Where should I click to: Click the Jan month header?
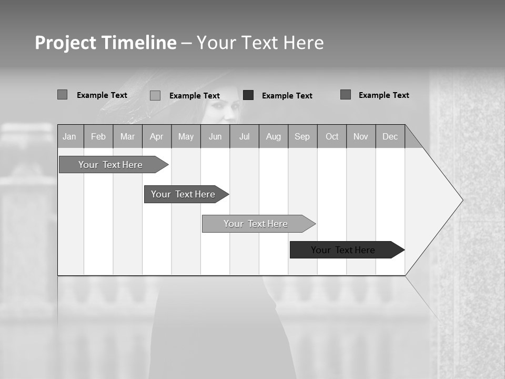click(69, 137)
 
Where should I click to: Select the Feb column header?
click(98, 137)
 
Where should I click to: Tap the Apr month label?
click(157, 137)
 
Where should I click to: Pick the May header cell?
click(186, 137)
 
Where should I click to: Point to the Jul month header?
click(245, 137)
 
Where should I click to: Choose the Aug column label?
click(274, 137)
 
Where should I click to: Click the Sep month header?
click(302, 137)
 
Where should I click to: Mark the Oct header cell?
click(332, 137)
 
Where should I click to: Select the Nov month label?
click(361, 137)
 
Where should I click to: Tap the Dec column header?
click(390, 137)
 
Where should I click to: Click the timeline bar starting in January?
click(110, 165)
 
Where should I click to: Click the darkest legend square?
click(248, 95)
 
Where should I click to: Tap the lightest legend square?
click(155, 95)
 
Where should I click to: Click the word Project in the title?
click(65, 43)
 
